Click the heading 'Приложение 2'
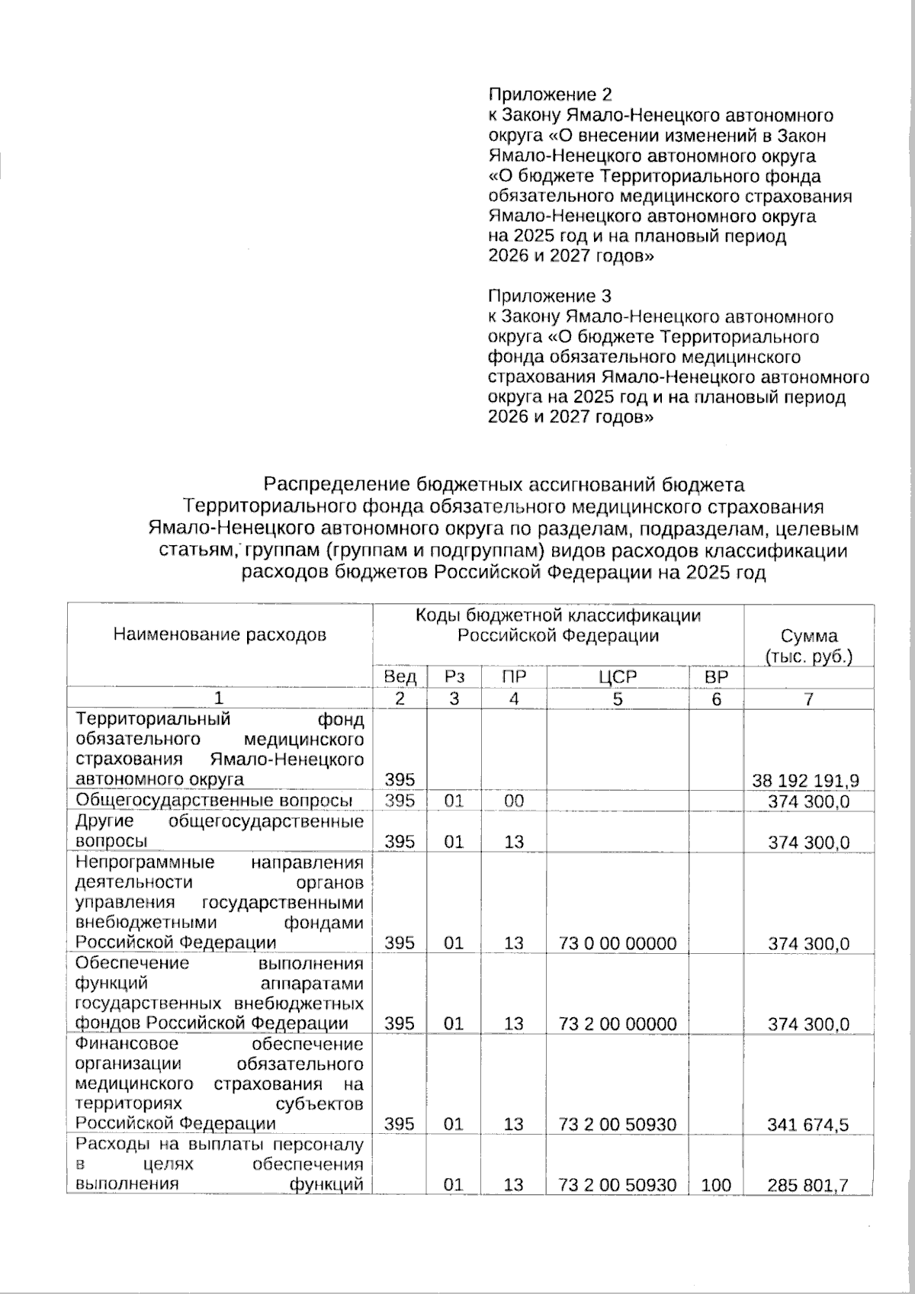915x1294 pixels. (549, 95)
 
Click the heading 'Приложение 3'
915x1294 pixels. (549, 296)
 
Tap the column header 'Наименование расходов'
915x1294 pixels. (220, 634)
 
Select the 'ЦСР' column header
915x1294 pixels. (618, 677)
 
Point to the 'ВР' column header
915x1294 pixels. (716, 677)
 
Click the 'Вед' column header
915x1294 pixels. (400, 677)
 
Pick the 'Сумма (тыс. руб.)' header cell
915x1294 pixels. (808, 646)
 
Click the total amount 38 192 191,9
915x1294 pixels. (806, 780)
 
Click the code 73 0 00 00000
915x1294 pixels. (618, 943)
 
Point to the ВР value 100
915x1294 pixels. (716, 1185)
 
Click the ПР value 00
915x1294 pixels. (514, 801)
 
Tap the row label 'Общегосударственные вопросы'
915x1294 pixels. (213, 801)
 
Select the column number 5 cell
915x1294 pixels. (618, 698)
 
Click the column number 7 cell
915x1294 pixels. (808, 698)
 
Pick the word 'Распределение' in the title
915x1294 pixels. (338, 484)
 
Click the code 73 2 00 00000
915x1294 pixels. (618, 1024)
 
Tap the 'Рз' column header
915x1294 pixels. (454, 677)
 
